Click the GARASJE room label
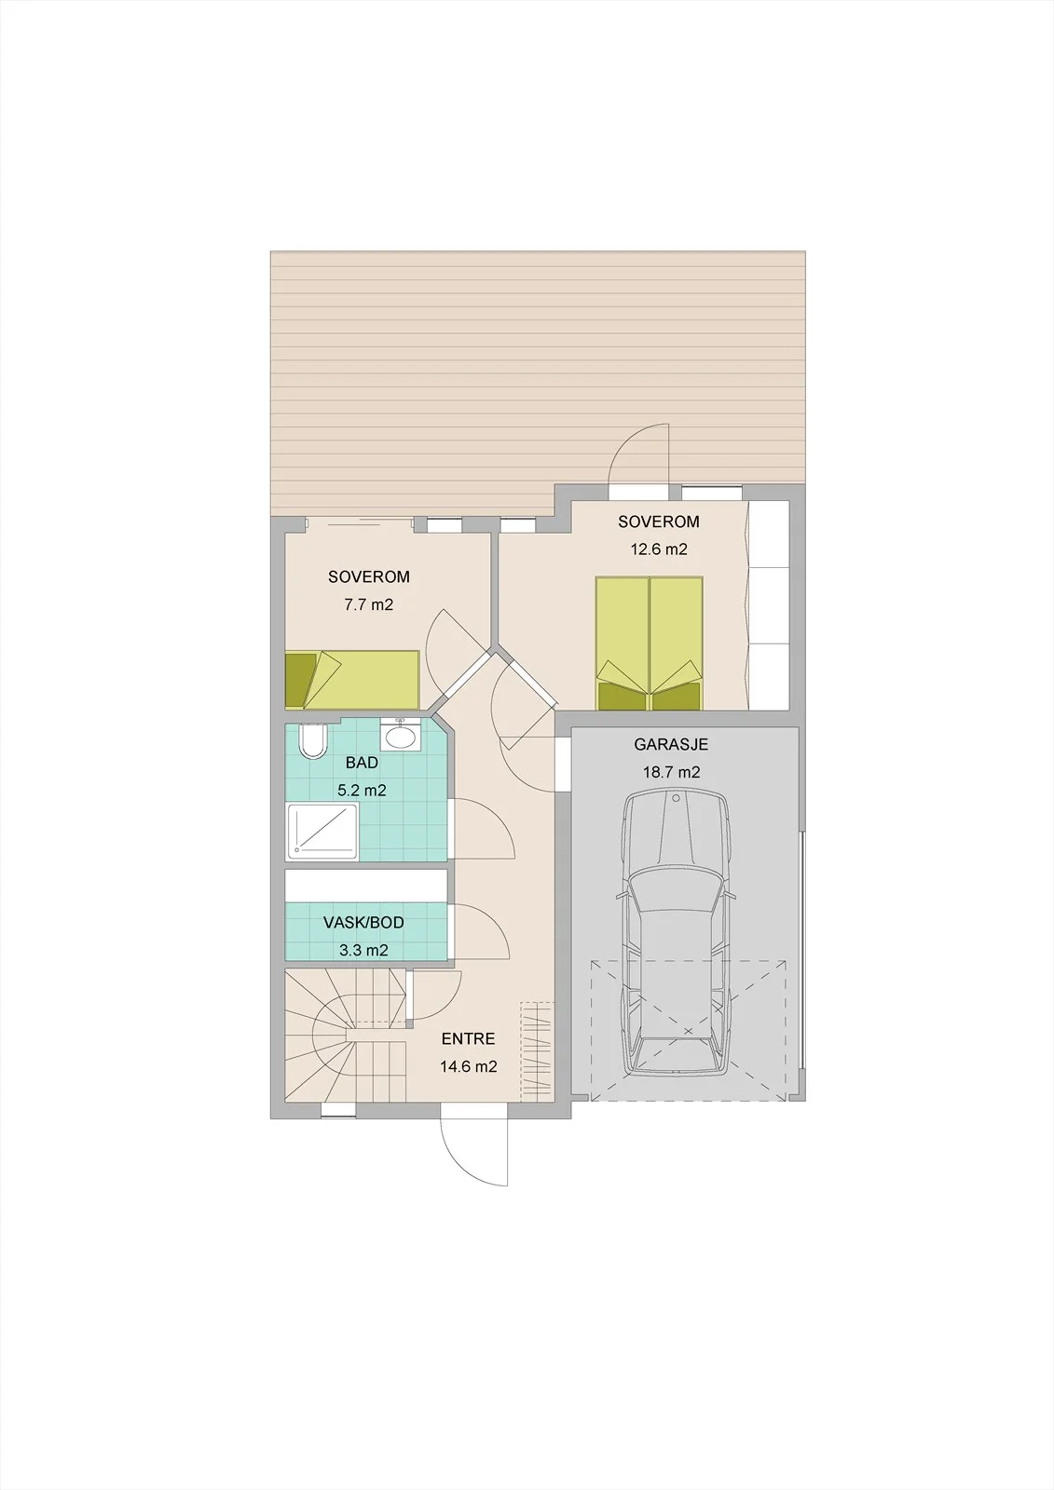coord(670,744)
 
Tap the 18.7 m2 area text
coord(670,772)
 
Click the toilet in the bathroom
coord(312,742)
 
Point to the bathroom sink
coord(400,735)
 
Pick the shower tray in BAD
coord(322,832)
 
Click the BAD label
coord(362,763)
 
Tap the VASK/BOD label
coord(363,923)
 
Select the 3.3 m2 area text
coord(363,951)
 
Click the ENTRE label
coord(468,1038)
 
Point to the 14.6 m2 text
coord(468,1066)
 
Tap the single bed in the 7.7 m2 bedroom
coord(352,679)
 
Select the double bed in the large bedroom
coord(650,643)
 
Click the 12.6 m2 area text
coord(659,549)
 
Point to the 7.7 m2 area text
coord(368,604)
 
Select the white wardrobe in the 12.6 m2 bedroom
coord(770,605)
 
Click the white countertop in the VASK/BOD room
coord(366,886)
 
